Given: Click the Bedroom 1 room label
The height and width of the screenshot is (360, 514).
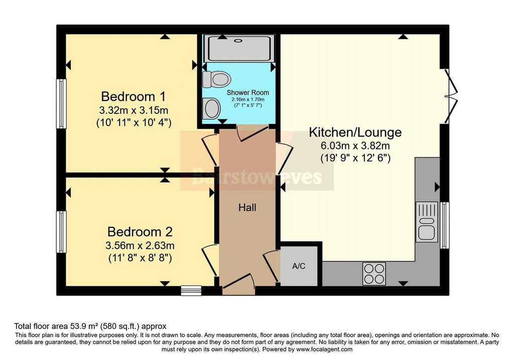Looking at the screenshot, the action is tap(134, 97).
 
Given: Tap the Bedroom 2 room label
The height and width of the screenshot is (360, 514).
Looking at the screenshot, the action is tap(140, 232).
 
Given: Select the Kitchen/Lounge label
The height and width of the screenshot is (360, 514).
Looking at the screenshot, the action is tap(355, 133).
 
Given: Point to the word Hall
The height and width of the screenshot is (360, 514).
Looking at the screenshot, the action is tap(247, 207).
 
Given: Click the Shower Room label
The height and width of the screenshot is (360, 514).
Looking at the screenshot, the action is tap(248, 93).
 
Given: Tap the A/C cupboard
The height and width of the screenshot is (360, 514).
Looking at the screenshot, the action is tap(299, 266).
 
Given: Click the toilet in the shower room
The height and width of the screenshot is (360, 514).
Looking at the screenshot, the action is tap(216, 79).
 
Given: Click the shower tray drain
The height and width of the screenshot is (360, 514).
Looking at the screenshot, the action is tap(238, 41).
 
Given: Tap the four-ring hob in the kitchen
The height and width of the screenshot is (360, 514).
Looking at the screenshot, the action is tap(374, 274).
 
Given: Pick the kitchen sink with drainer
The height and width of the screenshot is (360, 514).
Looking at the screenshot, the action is tap(427, 222).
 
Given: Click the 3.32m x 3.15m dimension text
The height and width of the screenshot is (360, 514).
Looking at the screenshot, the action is tap(134, 110).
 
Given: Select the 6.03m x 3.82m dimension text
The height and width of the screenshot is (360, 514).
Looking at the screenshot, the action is tap(355, 146).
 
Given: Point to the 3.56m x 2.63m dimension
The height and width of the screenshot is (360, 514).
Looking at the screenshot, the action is tap(140, 246).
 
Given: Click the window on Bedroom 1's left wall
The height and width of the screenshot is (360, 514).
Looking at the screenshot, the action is tap(61, 103).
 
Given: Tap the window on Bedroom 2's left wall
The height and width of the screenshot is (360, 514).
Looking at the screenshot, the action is tap(61, 232).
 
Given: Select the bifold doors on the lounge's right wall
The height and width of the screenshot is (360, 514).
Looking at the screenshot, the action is tap(450, 96).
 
